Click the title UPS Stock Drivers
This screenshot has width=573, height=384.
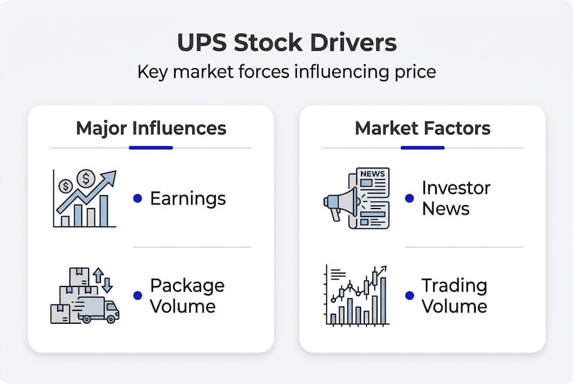coord(286,43)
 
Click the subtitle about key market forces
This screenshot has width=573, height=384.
coord(286,71)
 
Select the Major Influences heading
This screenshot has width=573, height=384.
coord(151,128)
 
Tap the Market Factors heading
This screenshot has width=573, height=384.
coord(422,128)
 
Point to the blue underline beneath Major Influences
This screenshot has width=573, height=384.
coord(151,147)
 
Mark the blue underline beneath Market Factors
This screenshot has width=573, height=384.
coord(422,147)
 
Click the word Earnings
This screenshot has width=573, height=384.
coord(188,198)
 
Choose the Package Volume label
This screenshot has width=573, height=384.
coord(187,295)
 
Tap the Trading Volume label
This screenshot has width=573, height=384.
coord(454,295)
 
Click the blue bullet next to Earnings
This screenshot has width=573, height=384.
coord(137,198)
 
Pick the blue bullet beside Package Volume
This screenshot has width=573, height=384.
coord(137,295)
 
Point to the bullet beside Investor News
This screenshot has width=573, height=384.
coord(410,198)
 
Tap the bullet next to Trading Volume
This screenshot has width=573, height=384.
coord(410,295)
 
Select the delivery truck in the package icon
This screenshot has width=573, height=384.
coord(99,310)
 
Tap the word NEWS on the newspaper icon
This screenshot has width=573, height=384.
coord(372,173)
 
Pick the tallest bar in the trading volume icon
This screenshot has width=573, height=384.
coord(383,300)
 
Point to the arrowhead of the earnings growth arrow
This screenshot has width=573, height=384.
coord(111,176)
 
